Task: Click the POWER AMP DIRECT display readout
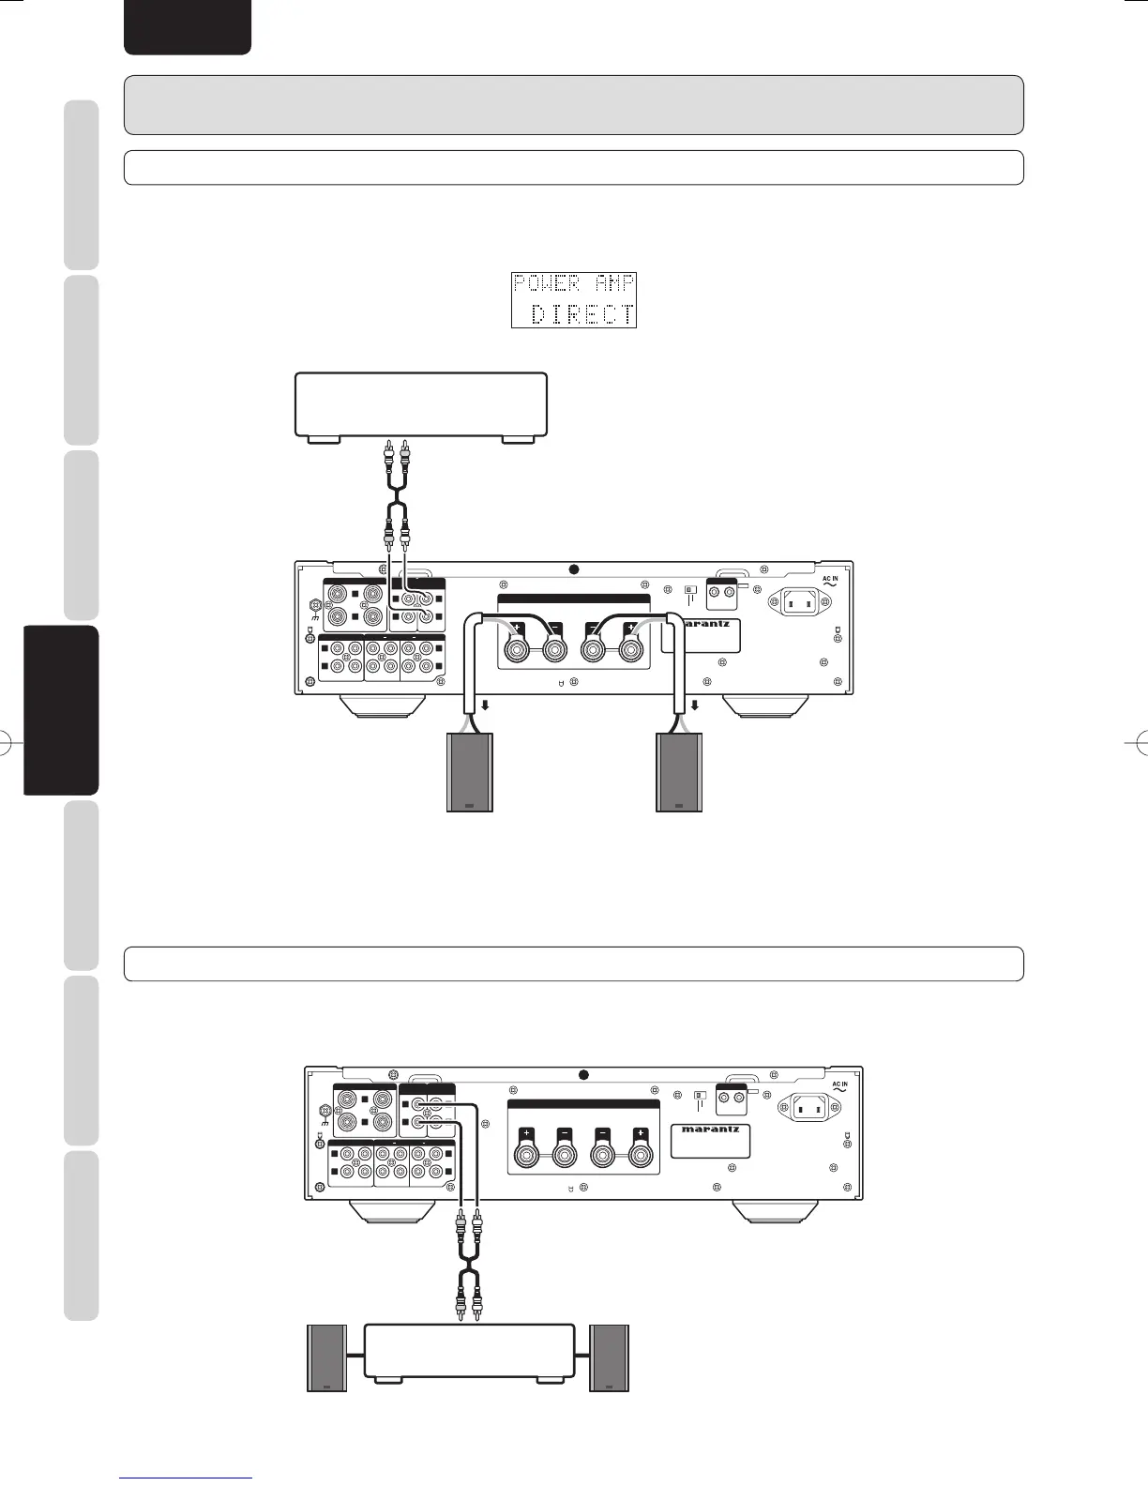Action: (574, 300)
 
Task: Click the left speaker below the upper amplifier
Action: (467, 773)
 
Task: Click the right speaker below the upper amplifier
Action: (678, 773)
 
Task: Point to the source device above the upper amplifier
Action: (421, 404)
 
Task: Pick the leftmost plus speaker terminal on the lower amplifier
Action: (526, 1150)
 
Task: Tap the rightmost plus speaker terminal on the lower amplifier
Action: (641, 1150)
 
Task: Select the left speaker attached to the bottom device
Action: (327, 1357)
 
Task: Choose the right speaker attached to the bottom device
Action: (610, 1357)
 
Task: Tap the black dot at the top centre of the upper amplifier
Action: (574, 569)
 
